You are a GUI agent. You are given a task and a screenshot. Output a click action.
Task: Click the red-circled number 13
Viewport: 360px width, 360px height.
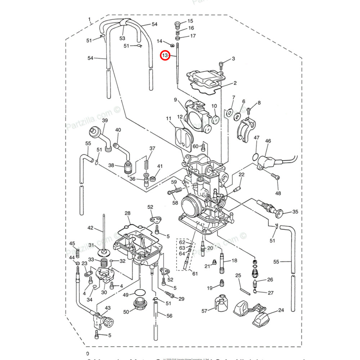pos(165,55)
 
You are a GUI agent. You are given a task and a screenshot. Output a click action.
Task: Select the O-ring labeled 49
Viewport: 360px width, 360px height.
pos(140,293)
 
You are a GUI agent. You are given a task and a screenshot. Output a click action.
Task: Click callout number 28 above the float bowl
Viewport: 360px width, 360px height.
pos(127,214)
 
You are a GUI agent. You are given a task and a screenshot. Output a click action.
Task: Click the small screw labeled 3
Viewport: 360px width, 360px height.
pos(221,65)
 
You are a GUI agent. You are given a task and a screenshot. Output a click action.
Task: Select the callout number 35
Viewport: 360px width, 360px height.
pos(295,212)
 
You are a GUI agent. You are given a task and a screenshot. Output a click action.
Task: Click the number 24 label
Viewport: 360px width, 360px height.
pos(281,310)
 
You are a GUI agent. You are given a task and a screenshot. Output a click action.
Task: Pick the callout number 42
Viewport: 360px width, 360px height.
pos(90,228)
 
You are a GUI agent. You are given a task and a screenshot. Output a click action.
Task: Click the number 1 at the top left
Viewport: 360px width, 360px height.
pos(90,19)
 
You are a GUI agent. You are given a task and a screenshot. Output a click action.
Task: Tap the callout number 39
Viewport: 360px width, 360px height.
pos(105,121)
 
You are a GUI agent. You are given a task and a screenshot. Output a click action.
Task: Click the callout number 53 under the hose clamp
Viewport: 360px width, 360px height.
pos(122,38)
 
